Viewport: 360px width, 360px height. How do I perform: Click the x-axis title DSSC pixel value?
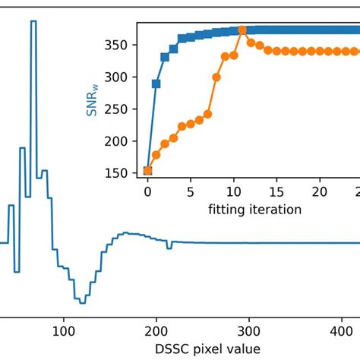[206, 348]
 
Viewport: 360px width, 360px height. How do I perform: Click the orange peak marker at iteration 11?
[242, 30]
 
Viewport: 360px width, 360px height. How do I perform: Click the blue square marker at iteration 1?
[156, 84]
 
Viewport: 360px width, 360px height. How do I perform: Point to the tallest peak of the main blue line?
[54, 21]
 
